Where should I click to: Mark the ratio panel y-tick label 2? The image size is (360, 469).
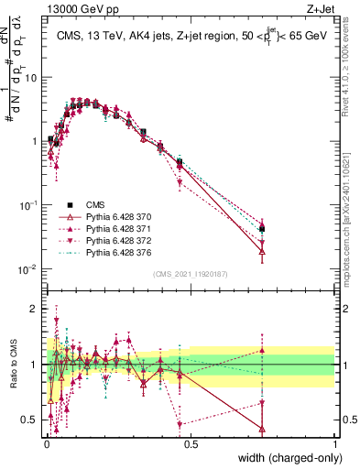pyautogui.click(x=35, y=309)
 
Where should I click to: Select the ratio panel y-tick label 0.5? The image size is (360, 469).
pyautogui.click(x=30, y=420)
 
